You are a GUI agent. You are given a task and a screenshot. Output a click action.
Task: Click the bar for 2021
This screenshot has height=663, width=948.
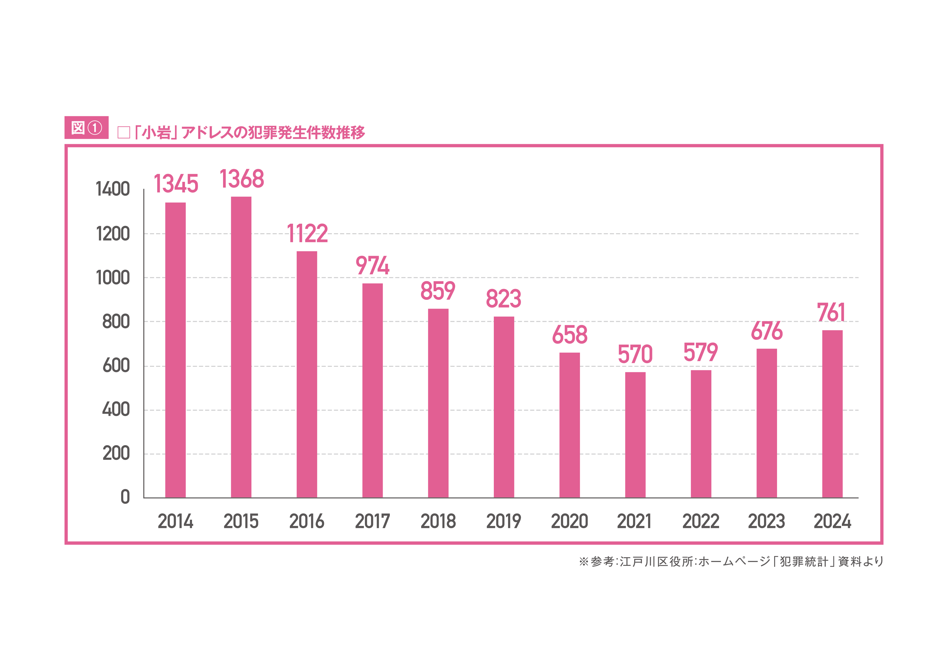pos(635,435)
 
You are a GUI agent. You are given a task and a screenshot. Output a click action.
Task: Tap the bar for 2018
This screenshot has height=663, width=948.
pos(438,403)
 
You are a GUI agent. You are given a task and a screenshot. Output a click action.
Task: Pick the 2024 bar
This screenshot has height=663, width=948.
pos(832,414)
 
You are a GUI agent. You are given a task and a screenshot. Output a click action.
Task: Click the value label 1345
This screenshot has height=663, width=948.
pos(176,184)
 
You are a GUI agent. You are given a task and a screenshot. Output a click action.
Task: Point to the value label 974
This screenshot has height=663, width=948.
pos(372,265)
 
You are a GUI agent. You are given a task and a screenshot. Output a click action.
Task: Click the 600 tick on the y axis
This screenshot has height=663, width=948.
pos(116,366)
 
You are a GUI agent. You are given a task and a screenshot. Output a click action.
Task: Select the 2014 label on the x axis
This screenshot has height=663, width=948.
pos(175,521)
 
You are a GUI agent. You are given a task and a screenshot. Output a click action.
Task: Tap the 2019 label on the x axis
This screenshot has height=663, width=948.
pos(504,521)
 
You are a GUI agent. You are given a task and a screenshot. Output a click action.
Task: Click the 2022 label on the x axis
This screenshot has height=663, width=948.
pos(701,521)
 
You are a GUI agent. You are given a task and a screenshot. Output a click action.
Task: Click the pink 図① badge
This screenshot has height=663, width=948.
pos(86,128)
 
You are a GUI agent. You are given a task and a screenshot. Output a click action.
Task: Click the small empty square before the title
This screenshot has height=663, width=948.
pos(124,133)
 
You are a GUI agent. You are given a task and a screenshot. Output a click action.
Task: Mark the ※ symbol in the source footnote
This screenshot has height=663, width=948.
pos(583,561)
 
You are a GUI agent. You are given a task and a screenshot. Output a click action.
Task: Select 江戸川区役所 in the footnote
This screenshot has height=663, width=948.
pos(657,561)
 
